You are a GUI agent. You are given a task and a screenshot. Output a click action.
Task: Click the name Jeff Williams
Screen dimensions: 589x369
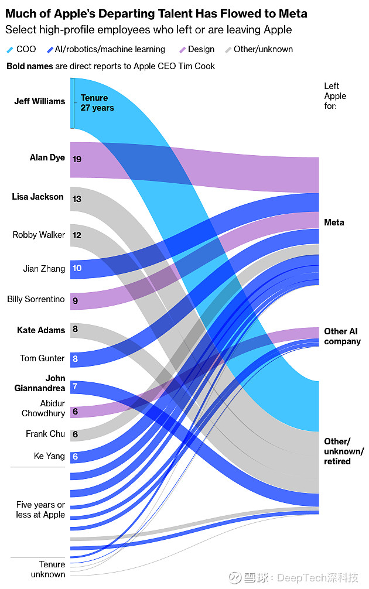click(x=39, y=101)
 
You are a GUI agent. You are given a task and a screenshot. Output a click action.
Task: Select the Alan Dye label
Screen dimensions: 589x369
click(x=47, y=157)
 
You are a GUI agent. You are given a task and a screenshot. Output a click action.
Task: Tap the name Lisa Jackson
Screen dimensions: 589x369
click(x=37, y=197)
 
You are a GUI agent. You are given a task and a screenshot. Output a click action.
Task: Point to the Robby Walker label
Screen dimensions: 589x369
click(x=39, y=235)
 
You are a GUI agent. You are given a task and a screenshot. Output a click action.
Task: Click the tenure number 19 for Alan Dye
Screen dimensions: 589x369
click(x=77, y=159)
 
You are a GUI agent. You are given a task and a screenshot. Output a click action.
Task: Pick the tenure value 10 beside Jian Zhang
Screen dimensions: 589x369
click(x=77, y=268)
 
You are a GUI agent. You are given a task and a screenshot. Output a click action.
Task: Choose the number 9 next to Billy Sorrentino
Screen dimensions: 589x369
click(x=75, y=301)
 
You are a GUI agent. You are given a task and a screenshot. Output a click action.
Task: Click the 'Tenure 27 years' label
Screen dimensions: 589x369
click(x=97, y=103)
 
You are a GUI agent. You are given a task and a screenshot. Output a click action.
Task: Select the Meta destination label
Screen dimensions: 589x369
click(x=334, y=222)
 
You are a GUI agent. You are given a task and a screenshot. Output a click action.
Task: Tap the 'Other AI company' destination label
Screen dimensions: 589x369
click(x=342, y=336)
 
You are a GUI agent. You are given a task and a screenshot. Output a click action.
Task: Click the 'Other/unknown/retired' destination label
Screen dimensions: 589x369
click(x=344, y=451)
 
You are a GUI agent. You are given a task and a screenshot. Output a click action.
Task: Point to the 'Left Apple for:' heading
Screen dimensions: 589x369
click(x=335, y=96)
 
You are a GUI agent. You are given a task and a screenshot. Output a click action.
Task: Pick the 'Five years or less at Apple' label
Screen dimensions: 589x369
click(x=40, y=509)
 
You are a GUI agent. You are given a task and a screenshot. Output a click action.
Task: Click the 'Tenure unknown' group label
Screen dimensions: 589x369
click(x=49, y=569)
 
